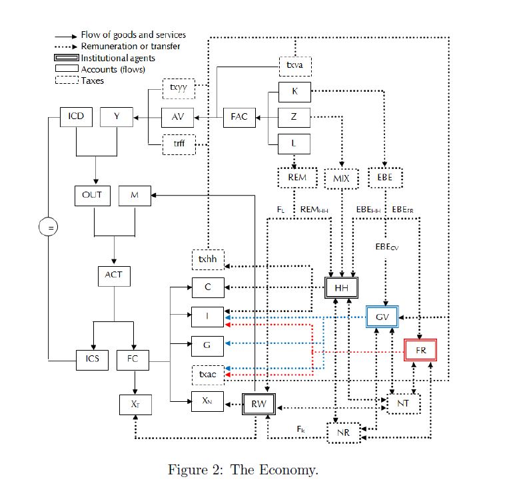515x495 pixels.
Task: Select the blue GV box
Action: pos(382,317)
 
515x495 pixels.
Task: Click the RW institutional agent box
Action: pos(258,402)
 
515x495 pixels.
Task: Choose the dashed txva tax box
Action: pos(294,66)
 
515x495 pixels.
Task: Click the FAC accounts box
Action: pos(239,117)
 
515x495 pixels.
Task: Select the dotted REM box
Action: pos(297,178)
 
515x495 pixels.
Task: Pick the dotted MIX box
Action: pos(341,178)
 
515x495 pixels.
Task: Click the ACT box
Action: pos(113,275)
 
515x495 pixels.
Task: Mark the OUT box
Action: pos(92,195)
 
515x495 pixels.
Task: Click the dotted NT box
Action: pos(403,403)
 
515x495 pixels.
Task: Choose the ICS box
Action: pos(92,360)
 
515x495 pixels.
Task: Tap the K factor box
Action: pos(294,92)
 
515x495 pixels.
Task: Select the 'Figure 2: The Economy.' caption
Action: pos(243,470)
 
